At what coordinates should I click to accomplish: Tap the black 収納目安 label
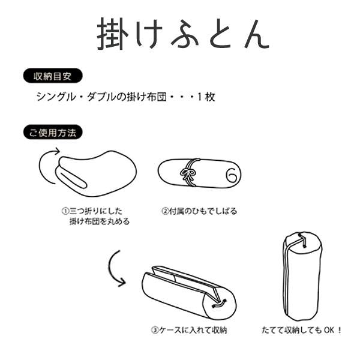[52, 77]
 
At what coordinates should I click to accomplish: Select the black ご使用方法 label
[52, 132]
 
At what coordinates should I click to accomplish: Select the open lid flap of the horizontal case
[180, 277]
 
